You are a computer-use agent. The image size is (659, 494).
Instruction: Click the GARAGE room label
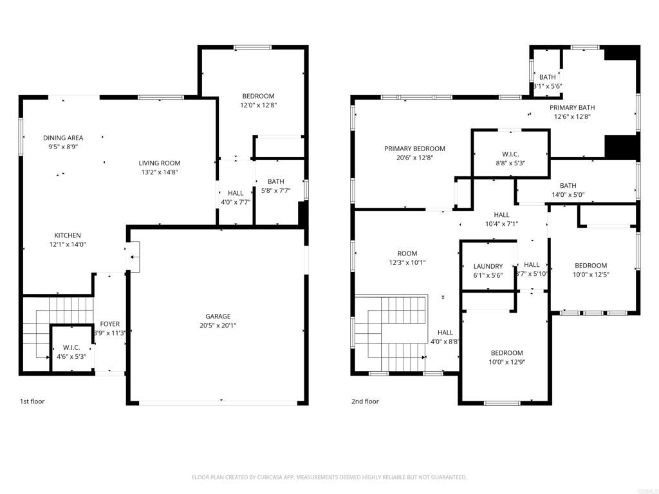click(x=218, y=316)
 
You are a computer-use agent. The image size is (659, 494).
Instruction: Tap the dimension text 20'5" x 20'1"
click(x=218, y=325)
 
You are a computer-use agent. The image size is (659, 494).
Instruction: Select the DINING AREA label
click(x=63, y=138)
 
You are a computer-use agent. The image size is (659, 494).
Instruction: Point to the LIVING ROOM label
click(x=160, y=163)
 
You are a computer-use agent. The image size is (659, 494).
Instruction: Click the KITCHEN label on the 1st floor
click(x=68, y=235)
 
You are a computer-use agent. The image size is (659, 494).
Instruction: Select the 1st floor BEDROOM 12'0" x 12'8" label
click(x=258, y=96)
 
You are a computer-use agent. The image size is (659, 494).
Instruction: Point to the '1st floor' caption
click(x=32, y=401)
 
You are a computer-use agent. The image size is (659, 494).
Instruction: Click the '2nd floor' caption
click(x=365, y=401)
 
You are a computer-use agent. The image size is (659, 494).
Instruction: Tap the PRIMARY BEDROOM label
click(x=414, y=149)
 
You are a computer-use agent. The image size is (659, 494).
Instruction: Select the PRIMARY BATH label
click(x=572, y=108)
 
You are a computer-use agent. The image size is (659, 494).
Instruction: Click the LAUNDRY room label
click(x=488, y=266)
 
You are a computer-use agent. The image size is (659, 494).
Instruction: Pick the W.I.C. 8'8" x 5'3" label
click(x=510, y=154)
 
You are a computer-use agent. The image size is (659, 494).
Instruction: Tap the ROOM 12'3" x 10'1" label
click(x=407, y=253)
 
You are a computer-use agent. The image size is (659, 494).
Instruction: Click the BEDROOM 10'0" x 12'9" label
click(x=507, y=353)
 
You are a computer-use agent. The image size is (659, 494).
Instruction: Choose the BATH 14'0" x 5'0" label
click(x=568, y=186)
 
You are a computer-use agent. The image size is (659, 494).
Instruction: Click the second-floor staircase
click(x=393, y=334)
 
